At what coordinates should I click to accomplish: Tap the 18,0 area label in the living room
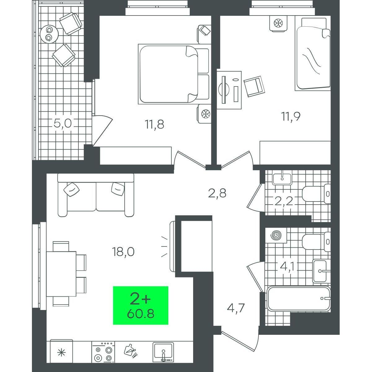click(x=123, y=252)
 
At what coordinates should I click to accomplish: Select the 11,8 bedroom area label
click(x=154, y=124)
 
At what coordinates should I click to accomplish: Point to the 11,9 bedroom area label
click(x=291, y=117)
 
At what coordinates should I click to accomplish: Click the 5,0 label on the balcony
click(x=63, y=124)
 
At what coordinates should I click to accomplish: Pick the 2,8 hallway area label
click(x=217, y=193)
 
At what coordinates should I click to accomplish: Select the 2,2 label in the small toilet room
click(x=284, y=201)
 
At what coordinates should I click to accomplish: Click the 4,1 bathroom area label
click(x=287, y=267)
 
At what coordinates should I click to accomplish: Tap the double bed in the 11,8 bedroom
click(x=174, y=74)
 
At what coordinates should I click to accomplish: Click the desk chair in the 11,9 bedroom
click(x=254, y=86)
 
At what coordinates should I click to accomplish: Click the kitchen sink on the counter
click(x=163, y=352)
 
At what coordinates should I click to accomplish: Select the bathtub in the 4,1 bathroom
click(x=299, y=302)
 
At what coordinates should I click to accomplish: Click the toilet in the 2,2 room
click(x=316, y=194)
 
